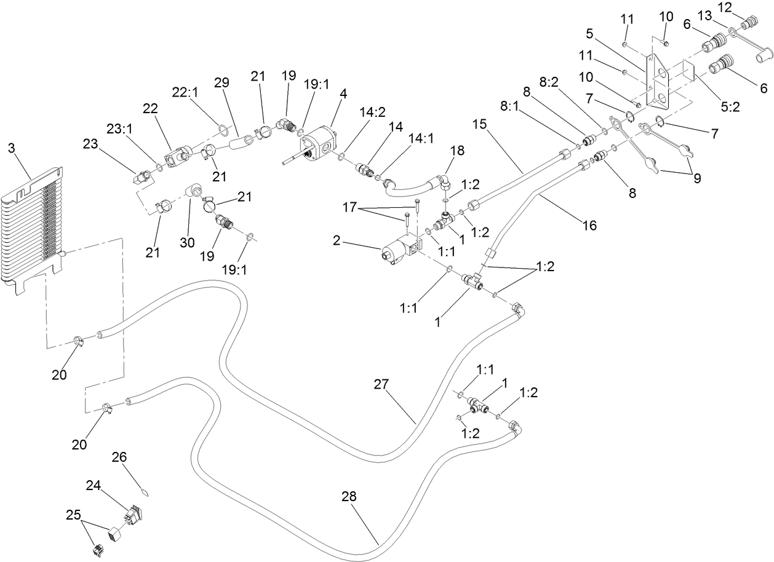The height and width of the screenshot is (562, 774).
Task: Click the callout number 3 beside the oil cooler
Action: click(11, 148)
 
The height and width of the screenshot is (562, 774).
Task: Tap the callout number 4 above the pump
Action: click(343, 94)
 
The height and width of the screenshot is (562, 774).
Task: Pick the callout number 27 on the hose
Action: click(381, 384)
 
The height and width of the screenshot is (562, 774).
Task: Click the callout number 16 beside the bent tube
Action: click(589, 226)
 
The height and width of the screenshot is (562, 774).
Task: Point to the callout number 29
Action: click(220, 82)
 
